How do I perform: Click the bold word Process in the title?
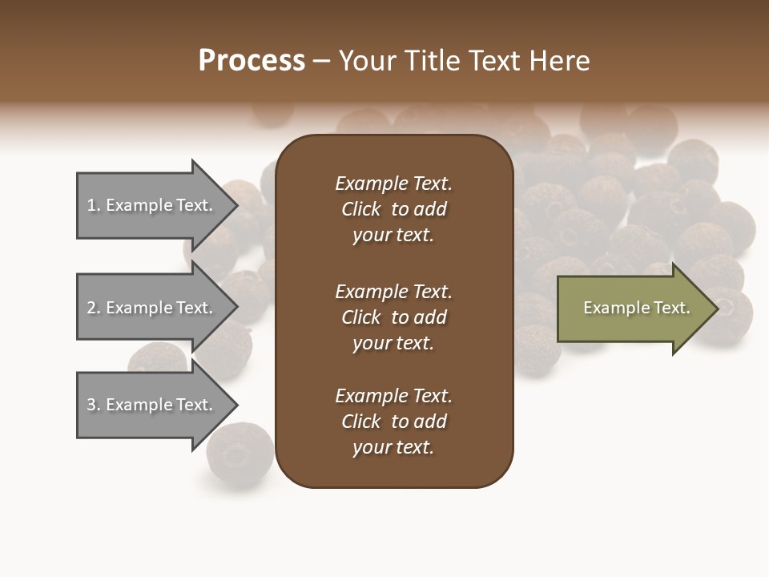point(252,61)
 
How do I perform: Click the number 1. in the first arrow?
point(94,206)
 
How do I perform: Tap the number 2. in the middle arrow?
point(94,308)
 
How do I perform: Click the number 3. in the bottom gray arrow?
point(94,405)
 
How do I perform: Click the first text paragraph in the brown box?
point(393,209)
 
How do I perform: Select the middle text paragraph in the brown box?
point(393,317)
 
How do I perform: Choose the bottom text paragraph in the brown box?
point(393,422)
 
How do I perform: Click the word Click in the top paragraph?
point(360,209)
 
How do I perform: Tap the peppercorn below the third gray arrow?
point(240,453)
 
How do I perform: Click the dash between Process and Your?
point(322,61)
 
